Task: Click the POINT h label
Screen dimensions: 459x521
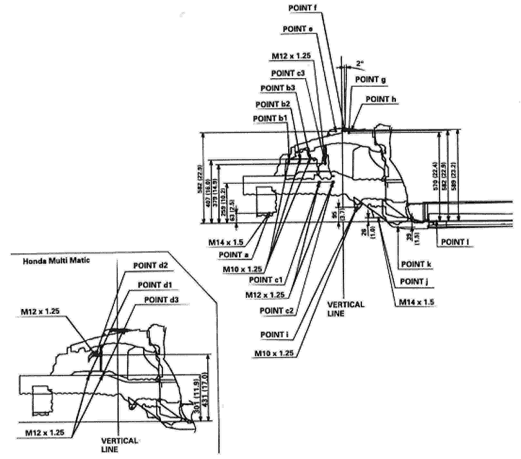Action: (x=381, y=100)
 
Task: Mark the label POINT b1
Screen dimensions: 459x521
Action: (x=271, y=119)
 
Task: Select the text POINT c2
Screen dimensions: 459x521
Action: (x=277, y=310)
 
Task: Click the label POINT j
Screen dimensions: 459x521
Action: (x=409, y=281)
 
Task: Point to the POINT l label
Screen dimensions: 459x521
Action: (x=453, y=242)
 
